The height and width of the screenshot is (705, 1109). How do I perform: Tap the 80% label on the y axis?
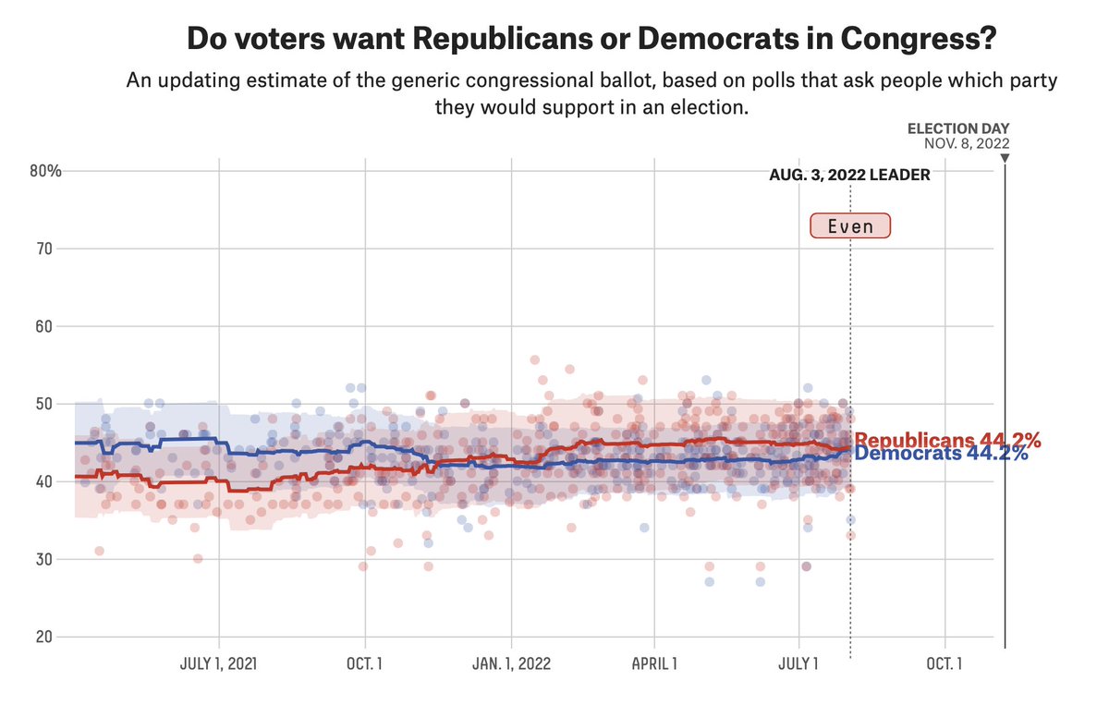pyautogui.click(x=44, y=171)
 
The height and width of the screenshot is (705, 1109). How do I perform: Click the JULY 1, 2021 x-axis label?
pyautogui.click(x=218, y=663)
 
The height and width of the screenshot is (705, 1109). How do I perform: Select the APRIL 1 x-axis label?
pyautogui.click(x=654, y=663)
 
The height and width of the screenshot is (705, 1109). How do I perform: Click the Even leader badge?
pyautogui.click(x=849, y=226)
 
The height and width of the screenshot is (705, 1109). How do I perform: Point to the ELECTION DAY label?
pyautogui.click(x=958, y=128)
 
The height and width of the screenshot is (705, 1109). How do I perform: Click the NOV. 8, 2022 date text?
pyautogui.click(x=966, y=143)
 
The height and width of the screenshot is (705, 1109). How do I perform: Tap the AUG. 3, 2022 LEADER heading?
pyautogui.click(x=849, y=175)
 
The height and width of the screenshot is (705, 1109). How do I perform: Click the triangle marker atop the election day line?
pyautogui.click(x=1005, y=158)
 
